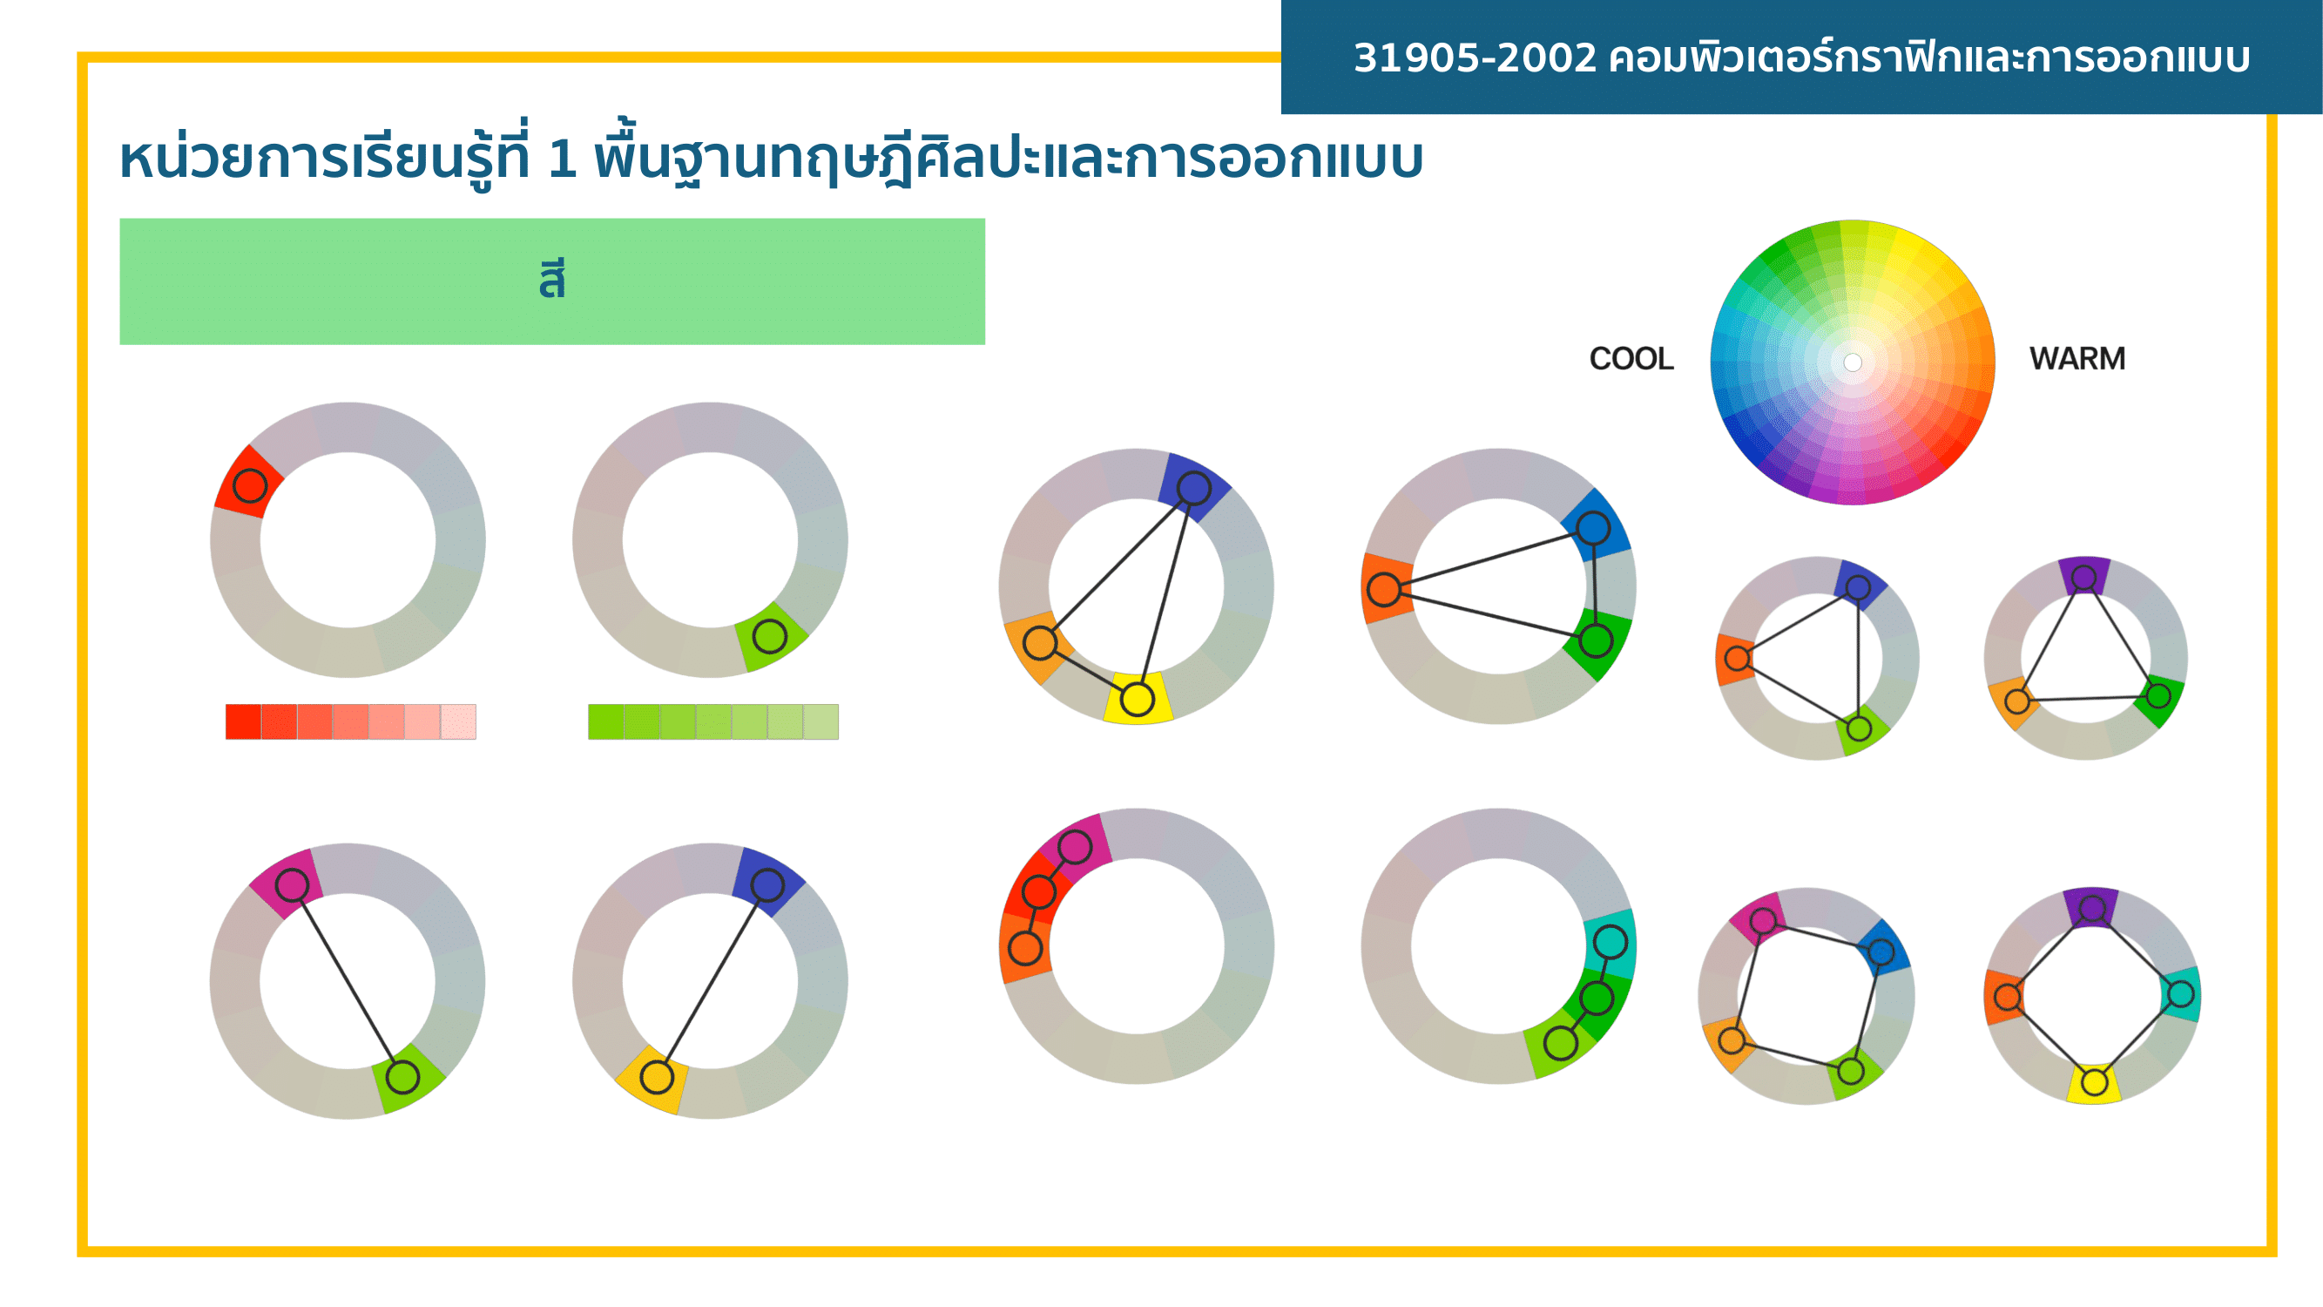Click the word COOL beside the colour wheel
(1631, 359)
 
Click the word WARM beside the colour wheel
(2077, 359)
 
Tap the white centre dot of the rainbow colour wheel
(1853, 362)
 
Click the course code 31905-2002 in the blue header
(1476, 58)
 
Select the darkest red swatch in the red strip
(244, 721)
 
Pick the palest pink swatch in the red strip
(458, 721)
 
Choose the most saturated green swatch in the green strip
(606, 721)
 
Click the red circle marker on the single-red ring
(250, 486)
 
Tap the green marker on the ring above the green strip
(769, 637)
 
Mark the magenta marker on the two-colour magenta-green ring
(292, 885)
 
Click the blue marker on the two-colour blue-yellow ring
(767, 885)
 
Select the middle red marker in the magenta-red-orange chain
(1039, 891)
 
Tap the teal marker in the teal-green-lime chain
(1611, 943)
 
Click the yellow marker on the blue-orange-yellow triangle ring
(1138, 699)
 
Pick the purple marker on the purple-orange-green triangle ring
(2084, 578)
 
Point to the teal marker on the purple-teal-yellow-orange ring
(2180, 994)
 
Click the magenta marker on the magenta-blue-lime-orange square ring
(1763, 920)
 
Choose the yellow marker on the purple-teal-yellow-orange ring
(2095, 1081)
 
